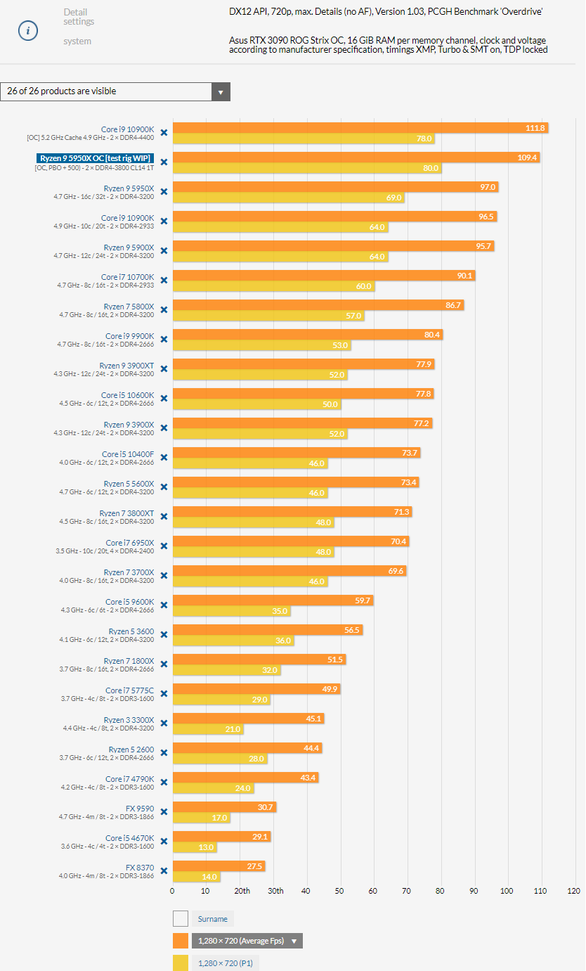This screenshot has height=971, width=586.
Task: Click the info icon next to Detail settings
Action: (x=28, y=31)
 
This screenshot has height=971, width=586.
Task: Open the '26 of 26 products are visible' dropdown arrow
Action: (x=221, y=91)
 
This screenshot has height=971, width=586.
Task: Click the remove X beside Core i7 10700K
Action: (x=164, y=280)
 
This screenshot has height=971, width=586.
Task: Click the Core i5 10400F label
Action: (x=128, y=454)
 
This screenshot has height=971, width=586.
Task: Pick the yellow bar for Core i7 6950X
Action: (x=253, y=552)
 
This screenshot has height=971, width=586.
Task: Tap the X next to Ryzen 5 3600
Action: (x=164, y=634)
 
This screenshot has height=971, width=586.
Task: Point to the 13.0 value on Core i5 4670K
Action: (x=205, y=847)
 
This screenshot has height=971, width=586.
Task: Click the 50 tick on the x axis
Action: (x=339, y=891)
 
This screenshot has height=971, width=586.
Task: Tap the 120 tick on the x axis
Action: (x=574, y=891)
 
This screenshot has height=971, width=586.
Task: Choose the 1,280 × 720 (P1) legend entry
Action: (x=225, y=963)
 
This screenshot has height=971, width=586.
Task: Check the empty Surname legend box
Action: (x=181, y=918)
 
